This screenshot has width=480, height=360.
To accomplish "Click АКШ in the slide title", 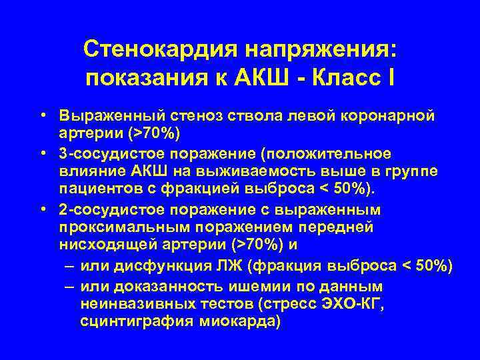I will (257, 79).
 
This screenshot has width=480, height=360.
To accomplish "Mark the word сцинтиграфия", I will (133, 321).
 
